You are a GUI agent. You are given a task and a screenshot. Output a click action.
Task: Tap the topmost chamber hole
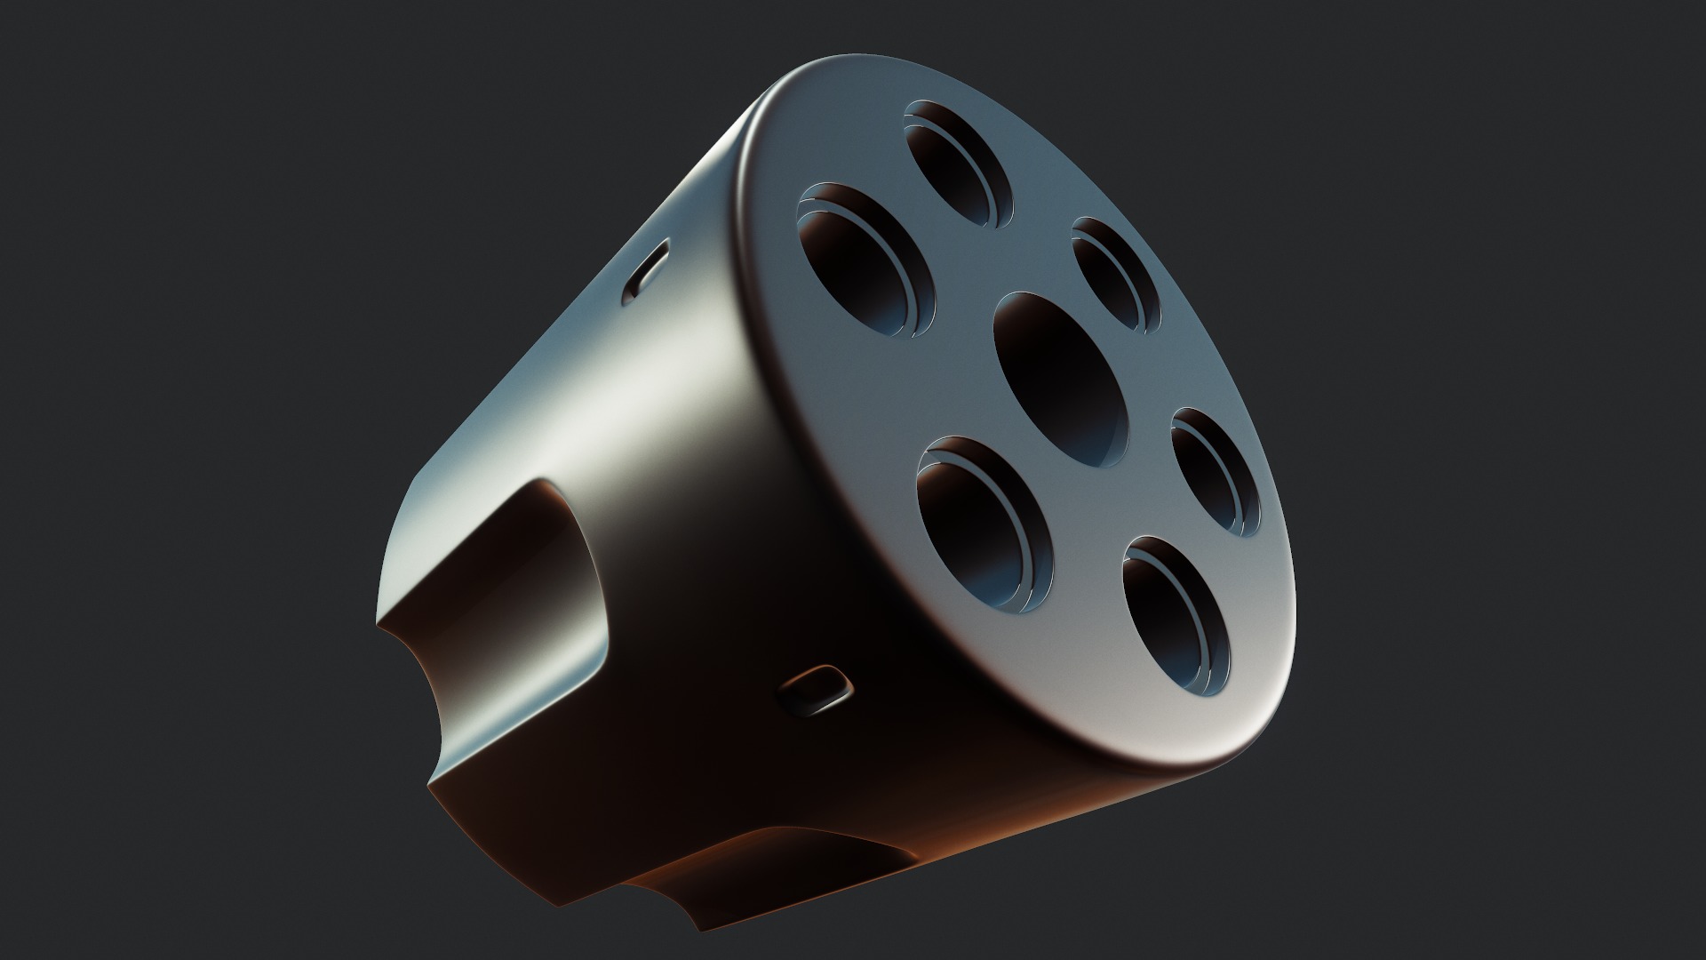960,161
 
